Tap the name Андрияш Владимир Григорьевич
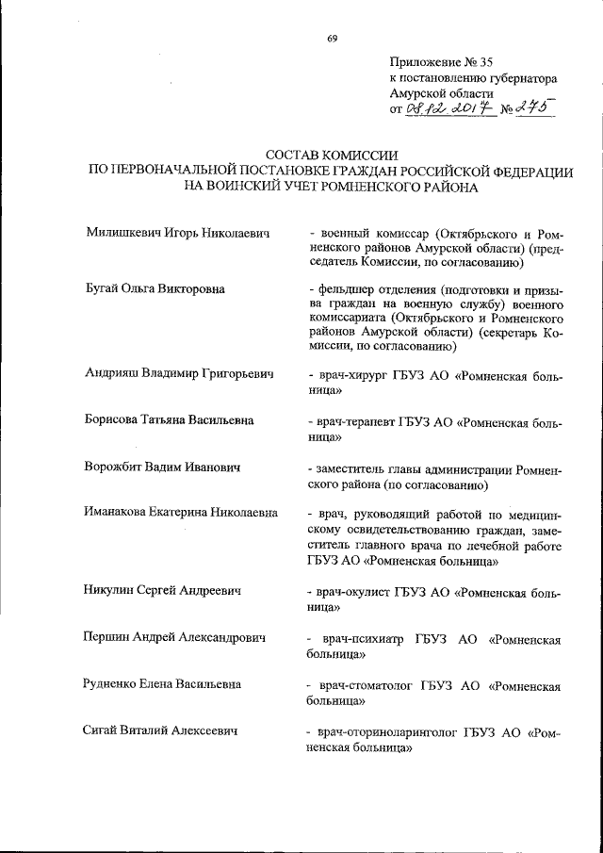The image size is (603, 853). click(x=179, y=375)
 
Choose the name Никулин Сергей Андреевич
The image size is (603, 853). click(x=163, y=591)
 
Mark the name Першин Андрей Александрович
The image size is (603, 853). click(x=175, y=637)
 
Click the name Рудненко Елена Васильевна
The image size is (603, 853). click(x=162, y=683)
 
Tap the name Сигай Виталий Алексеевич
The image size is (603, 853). click(x=159, y=730)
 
